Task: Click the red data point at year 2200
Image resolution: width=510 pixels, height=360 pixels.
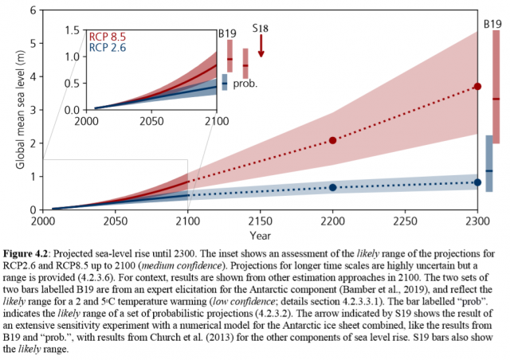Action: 332,140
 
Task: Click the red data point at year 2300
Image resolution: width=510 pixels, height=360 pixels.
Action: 477,86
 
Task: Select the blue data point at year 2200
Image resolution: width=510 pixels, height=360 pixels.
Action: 332,187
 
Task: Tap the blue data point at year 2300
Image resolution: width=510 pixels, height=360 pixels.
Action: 477,182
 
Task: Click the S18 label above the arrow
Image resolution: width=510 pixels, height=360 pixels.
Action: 261,29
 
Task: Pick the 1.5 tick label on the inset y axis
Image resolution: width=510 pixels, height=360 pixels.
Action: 72,30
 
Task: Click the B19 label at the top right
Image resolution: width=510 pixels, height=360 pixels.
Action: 492,24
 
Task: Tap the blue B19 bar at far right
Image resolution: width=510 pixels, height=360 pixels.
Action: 488,163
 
